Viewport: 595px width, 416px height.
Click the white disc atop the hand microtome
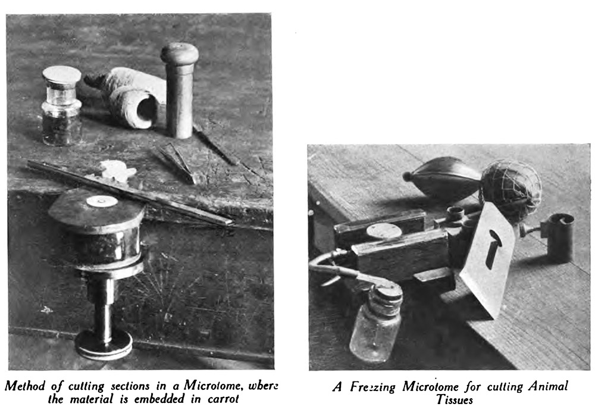[x=102, y=201]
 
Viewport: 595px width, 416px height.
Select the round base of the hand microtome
[x=104, y=344]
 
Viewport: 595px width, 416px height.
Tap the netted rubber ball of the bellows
[x=511, y=186]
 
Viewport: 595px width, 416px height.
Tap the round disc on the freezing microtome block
[x=384, y=231]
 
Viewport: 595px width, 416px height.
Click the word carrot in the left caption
[x=224, y=399]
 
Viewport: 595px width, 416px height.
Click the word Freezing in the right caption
[x=372, y=387]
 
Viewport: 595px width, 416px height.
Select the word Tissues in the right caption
[x=454, y=400]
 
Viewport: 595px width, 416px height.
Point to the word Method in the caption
[x=24, y=386]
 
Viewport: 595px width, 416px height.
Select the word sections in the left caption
[x=130, y=386]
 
